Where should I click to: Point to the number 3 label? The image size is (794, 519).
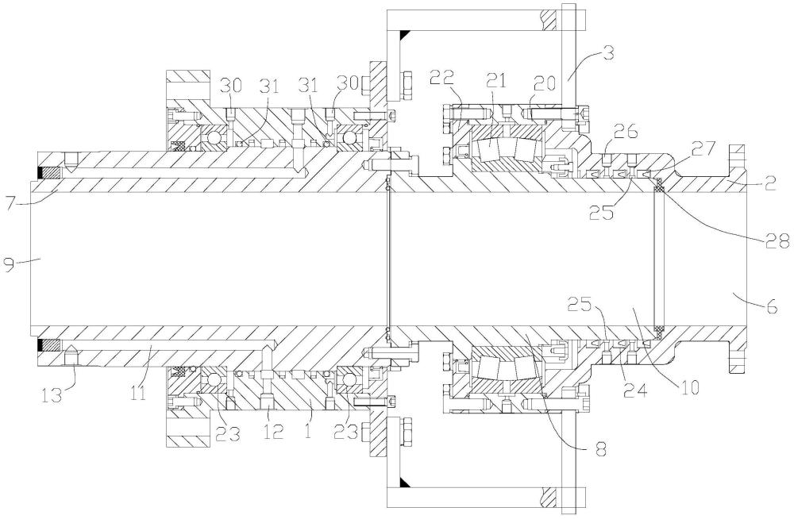(x=609, y=52)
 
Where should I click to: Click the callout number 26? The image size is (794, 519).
(x=625, y=133)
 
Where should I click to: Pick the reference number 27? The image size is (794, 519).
(x=703, y=149)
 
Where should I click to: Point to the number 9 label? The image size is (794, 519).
(x=9, y=263)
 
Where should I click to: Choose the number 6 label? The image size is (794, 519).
(x=771, y=306)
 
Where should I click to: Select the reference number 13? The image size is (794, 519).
(x=52, y=394)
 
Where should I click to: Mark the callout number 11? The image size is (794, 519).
(x=139, y=392)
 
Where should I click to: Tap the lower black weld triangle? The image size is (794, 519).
(x=405, y=481)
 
